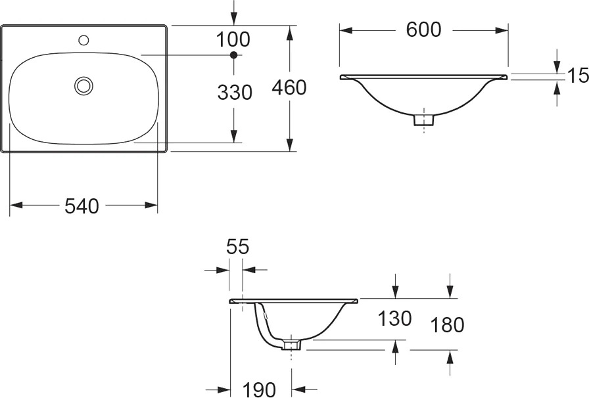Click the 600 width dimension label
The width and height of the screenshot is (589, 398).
[x=423, y=30]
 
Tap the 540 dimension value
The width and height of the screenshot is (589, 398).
[x=82, y=206]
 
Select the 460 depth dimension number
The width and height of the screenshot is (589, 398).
[x=289, y=87]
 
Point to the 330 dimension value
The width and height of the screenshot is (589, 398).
[x=235, y=93]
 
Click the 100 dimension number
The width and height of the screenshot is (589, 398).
[x=233, y=39]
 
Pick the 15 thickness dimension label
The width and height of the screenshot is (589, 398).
[x=578, y=76]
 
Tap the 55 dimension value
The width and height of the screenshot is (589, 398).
[x=238, y=247]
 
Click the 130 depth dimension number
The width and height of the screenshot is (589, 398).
[x=394, y=319]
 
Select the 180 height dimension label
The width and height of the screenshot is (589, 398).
[x=447, y=325]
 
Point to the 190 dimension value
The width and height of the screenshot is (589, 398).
[x=260, y=389]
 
